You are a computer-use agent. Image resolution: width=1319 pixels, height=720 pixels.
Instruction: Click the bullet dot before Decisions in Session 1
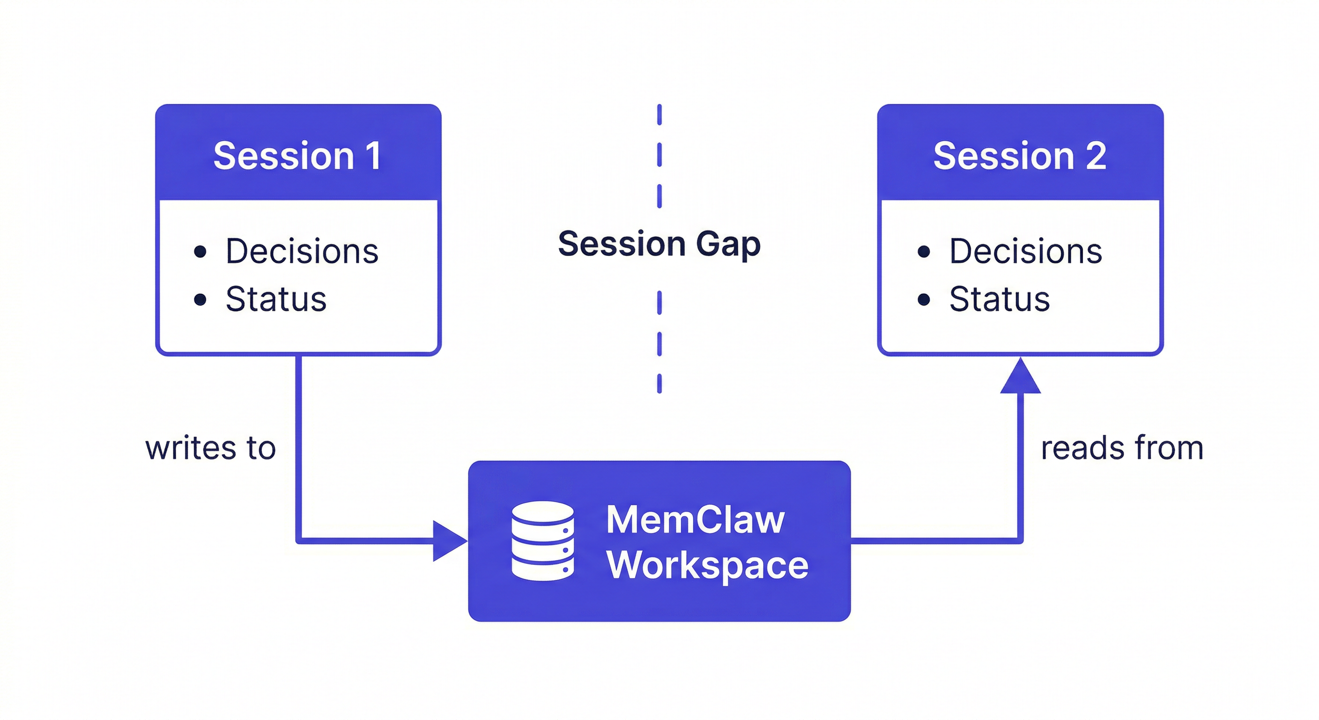tap(200, 251)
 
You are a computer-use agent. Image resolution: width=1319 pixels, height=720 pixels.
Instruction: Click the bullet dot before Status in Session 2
tap(924, 299)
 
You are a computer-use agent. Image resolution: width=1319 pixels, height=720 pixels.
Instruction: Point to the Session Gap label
tap(659, 244)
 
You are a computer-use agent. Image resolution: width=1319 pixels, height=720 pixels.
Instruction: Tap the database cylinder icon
tap(543, 540)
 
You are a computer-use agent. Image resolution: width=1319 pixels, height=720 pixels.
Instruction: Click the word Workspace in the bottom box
tap(707, 565)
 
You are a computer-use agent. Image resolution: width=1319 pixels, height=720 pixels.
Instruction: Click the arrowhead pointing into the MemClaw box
tap(448, 540)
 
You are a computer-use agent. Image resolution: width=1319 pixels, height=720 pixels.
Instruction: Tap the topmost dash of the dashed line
tap(659, 114)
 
